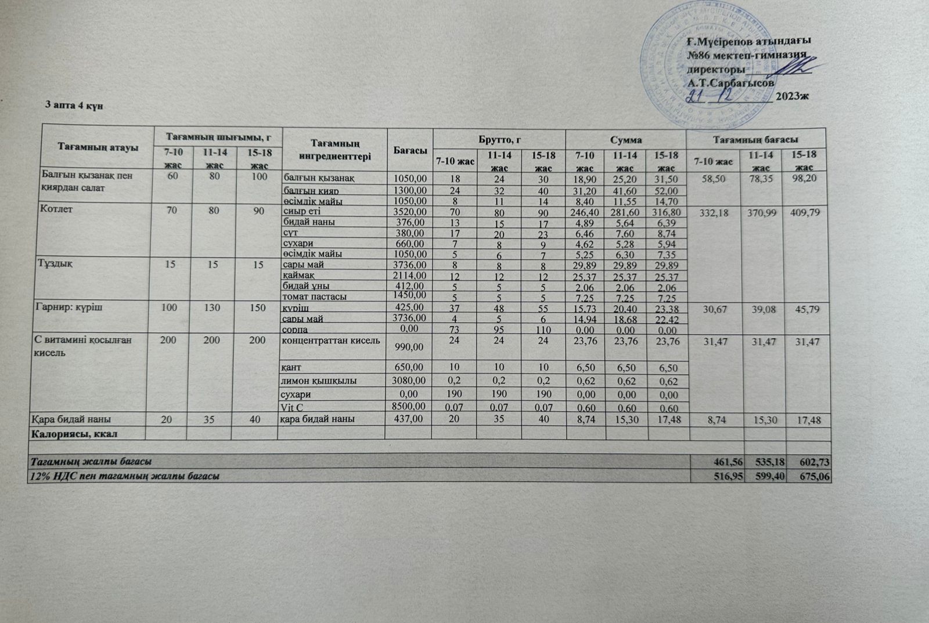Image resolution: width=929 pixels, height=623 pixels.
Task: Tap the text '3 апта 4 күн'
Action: click(x=74, y=106)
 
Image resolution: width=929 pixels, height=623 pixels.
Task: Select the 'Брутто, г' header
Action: click(x=499, y=140)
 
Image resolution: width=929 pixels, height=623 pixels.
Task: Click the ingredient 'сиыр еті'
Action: click(x=301, y=211)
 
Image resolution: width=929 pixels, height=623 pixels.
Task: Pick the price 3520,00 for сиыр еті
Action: click(x=410, y=212)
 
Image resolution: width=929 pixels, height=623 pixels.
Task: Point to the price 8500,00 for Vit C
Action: click(x=410, y=406)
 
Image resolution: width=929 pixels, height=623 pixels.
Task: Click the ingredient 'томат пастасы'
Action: click(x=315, y=296)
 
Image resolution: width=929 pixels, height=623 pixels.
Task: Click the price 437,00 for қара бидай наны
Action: click(x=410, y=419)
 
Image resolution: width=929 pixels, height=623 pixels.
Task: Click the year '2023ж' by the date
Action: click(x=791, y=97)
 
